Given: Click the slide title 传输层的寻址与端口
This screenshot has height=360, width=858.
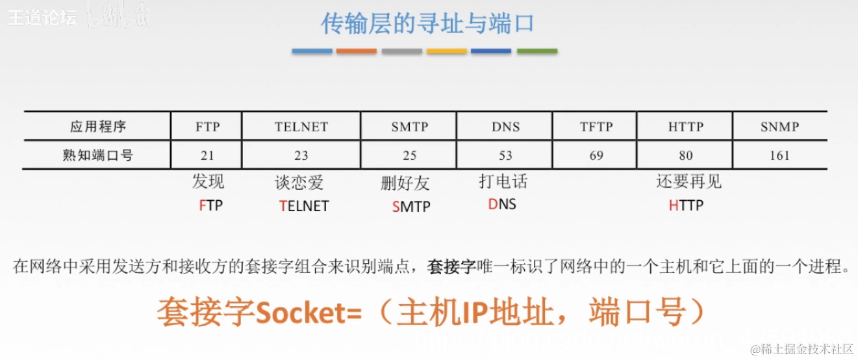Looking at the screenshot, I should click(x=427, y=23).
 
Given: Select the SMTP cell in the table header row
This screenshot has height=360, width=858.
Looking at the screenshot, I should click(x=409, y=127).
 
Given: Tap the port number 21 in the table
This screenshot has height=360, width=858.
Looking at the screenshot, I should click(x=207, y=155).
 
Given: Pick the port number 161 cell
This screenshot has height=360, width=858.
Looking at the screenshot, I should click(x=779, y=155).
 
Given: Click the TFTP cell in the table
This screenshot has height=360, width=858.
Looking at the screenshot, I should click(x=596, y=127).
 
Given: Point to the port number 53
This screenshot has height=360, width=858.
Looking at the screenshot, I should click(x=505, y=155).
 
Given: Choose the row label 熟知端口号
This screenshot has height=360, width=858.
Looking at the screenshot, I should click(x=97, y=155).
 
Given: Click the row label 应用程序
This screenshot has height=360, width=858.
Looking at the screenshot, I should click(x=97, y=127).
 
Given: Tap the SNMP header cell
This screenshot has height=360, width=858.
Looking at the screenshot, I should click(x=779, y=127).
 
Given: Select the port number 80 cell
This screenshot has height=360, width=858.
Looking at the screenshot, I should click(x=685, y=155).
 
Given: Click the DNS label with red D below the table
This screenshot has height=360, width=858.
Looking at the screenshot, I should click(x=502, y=205).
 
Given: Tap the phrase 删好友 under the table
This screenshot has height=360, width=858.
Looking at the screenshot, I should click(x=405, y=184).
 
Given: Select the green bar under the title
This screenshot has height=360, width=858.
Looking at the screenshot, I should click(x=536, y=51).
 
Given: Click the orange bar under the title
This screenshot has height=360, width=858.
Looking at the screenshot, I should click(x=357, y=51).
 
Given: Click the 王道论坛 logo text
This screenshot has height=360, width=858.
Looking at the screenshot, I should click(x=42, y=18).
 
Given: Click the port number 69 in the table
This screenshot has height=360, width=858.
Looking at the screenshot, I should click(x=596, y=155).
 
